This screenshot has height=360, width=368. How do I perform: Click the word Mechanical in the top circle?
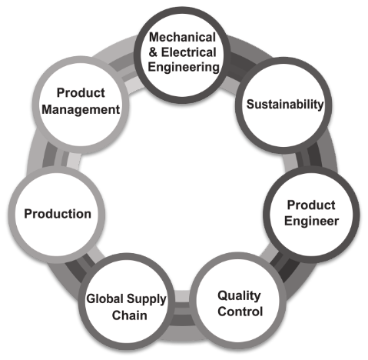pyautogui.click(x=182, y=38)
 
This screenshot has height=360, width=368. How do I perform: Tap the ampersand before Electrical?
pyautogui.click(x=153, y=52)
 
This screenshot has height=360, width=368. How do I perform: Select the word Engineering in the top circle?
pyautogui.click(x=184, y=68)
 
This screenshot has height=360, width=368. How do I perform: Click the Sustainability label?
pyautogui.click(x=285, y=105)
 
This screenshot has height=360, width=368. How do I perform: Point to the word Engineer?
pyautogui.click(x=311, y=221)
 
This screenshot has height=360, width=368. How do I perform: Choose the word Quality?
pyautogui.click(x=239, y=296)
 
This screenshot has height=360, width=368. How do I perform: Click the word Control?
pyautogui.click(x=240, y=312)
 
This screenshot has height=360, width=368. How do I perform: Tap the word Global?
pyautogui.click(x=105, y=298)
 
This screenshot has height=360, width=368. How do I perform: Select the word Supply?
pyautogui.click(x=147, y=299)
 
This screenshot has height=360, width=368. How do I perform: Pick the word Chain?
pyautogui.click(x=129, y=315)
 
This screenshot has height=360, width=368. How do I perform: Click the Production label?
pyautogui.click(x=58, y=214)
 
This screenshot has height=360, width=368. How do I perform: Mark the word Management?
pyautogui.click(x=81, y=110)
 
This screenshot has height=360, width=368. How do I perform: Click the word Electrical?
pyautogui.click(x=189, y=52)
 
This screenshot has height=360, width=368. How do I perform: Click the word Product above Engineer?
pyautogui.click(x=311, y=205)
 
